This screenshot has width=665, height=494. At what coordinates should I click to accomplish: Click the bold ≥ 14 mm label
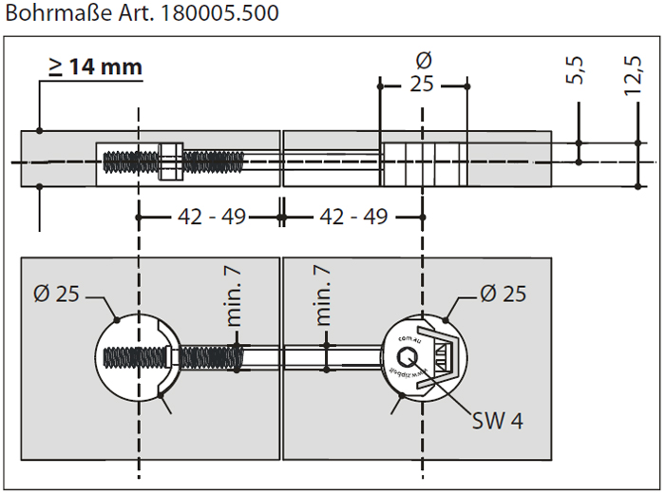(x=95, y=66)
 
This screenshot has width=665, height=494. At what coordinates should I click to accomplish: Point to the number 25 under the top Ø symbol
(x=423, y=85)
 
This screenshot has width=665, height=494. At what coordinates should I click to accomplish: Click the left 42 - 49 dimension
(x=211, y=218)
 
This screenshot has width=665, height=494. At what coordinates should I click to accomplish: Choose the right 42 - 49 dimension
(x=352, y=218)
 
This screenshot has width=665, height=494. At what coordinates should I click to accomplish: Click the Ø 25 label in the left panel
(x=55, y=294)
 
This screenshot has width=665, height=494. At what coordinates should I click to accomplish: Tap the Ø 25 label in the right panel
(x=502, y=294)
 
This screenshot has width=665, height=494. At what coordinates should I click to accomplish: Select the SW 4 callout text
(x=497, y=420)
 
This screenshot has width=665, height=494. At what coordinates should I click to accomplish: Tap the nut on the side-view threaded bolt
(x=171, y=161)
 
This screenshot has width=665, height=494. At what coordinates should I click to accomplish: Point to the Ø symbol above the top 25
(x=423, y=59)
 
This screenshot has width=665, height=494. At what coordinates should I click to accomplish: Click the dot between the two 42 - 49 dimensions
(x=281, y=218)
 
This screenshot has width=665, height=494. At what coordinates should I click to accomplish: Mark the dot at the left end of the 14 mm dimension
(x=39, y=130)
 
